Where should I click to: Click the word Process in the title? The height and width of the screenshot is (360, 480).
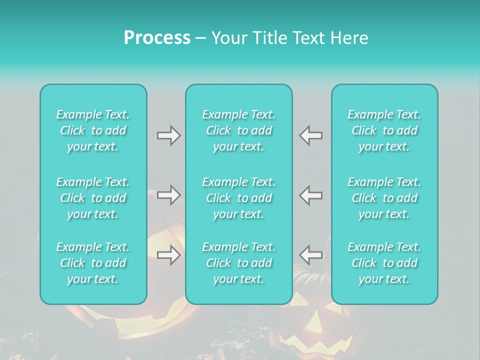tap(157, 38)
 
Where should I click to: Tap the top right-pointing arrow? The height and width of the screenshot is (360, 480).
tap(168, 135)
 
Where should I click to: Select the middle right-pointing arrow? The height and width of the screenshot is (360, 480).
tap(168, 195)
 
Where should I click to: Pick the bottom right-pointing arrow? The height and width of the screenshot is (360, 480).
tap(168, 255)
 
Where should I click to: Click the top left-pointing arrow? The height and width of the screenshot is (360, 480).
tap(311, 135)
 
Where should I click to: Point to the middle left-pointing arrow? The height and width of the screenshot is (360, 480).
tap(311, 195)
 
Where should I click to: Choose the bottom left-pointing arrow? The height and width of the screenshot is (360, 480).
tap(311, 255)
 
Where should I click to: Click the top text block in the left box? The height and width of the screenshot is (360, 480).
tap(93, 130)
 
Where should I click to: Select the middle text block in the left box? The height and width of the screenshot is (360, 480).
tap(93, 198)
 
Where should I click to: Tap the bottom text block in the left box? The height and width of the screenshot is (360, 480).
tap(93, 263)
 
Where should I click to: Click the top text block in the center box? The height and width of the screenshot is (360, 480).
tap(239, 130)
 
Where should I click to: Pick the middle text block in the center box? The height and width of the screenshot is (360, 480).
tap(239, 198)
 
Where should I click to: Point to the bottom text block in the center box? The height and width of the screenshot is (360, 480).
tap(239, 263)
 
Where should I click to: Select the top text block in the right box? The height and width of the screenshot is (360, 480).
tap(384, 130)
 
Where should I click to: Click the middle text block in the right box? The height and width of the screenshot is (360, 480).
tap(384, 198)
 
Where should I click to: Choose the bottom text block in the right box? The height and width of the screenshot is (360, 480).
tap(384, 263)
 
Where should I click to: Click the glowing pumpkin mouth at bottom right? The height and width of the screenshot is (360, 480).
tap(320, 345)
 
